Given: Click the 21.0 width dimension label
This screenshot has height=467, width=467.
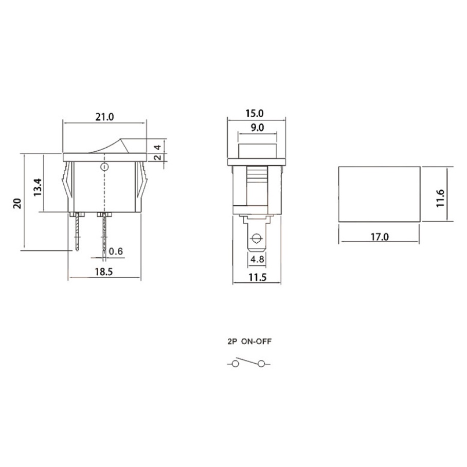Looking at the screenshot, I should point(104,117).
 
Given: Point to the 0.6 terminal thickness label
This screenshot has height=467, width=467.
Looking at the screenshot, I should point(117,252).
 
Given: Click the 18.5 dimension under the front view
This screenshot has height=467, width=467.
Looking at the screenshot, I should point(104,272).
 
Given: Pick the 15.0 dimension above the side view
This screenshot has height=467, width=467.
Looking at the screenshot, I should point(255,113).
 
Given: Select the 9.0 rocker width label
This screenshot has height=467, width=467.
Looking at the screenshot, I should point(257,128).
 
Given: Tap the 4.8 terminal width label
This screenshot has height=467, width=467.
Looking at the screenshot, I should point(257,260).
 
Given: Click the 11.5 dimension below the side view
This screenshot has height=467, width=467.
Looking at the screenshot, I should point(257,277).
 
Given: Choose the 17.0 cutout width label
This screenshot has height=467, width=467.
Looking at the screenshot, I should point(379,237).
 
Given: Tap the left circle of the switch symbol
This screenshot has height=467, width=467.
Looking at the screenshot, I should point(236,364).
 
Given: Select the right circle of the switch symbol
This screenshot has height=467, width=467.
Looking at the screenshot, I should point(262,364).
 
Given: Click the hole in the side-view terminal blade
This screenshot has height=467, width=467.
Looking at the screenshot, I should point(256,239).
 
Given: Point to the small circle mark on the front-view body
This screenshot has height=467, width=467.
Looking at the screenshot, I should point(104,167).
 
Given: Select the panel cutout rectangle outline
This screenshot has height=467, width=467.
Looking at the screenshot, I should point(379,194).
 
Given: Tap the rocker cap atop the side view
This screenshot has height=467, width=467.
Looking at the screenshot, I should point(257,151).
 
